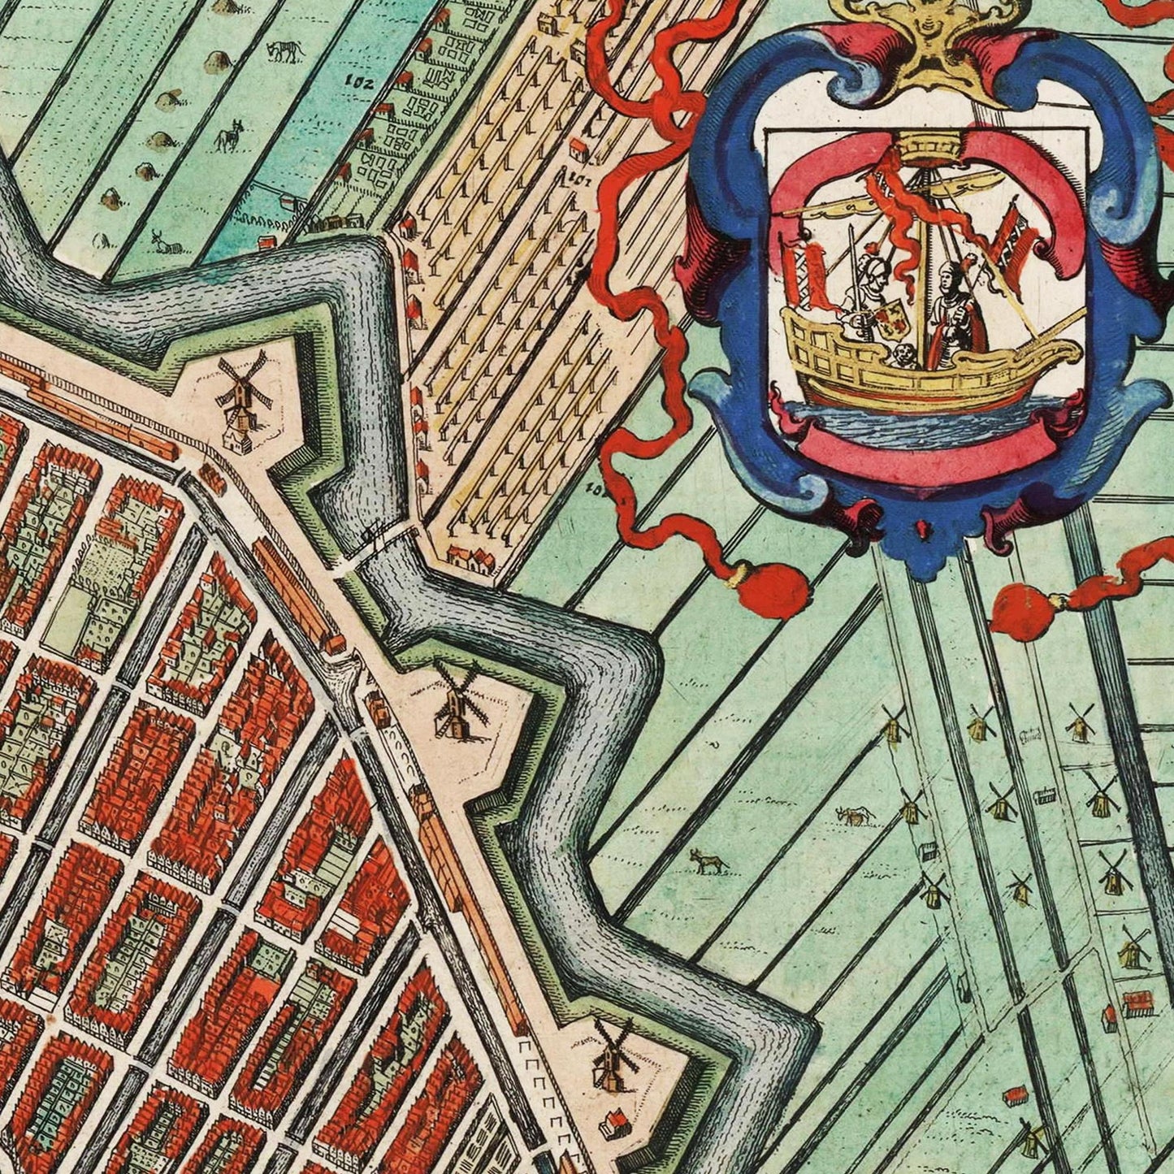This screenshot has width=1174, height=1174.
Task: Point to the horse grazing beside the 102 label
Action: pyautogui.click(x=287, y=50)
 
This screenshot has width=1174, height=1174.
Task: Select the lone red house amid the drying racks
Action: pyautogui.click(x=578, y=149)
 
